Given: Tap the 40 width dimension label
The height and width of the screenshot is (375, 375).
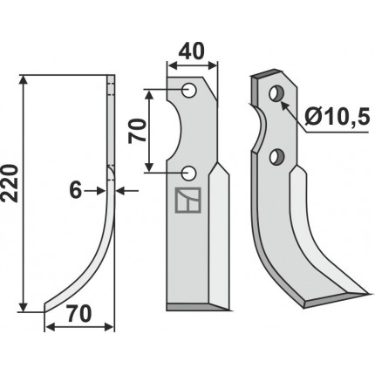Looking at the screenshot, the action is click(x=191, y=52).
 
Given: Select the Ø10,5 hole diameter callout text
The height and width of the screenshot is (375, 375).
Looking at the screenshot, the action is click(x=337, y=116).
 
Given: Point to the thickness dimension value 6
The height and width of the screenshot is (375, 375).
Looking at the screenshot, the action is click(x=76, y=191).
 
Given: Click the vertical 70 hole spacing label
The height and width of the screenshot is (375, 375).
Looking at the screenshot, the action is click(x=137, y=131).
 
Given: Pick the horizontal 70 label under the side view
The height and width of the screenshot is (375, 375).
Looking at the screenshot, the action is click(x=78, y=314).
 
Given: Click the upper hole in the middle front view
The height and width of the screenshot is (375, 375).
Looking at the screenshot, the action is click(x=189, y=90).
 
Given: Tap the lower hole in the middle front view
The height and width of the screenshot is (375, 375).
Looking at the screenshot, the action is click(x=189, y=173).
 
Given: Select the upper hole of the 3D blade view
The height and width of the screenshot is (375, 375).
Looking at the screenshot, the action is click(x=276, y=93).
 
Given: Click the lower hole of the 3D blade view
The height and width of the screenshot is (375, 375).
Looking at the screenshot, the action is click(x=276, y=156).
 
